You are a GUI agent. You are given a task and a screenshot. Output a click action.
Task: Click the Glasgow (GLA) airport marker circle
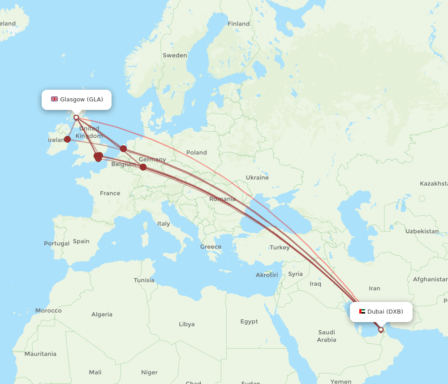pos(76,118)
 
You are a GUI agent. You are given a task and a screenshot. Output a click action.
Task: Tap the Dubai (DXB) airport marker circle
pos(381,330)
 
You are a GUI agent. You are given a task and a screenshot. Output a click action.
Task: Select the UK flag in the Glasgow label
pos(54,99)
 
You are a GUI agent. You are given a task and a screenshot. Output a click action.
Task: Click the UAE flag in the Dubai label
pos(362,311)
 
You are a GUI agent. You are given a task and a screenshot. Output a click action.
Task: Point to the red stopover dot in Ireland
pos(67,139)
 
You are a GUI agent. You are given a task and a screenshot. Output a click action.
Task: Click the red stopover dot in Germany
pos(143,167)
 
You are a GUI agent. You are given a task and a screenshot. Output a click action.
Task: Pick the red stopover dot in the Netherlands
pos(123,148)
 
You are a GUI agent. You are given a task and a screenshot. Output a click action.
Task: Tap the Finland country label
pos(238,24)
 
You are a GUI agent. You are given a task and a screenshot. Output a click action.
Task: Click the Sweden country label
pos(175,56)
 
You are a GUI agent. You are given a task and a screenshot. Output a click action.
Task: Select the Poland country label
pos(197,153)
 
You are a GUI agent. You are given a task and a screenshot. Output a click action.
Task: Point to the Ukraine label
pos(257,178)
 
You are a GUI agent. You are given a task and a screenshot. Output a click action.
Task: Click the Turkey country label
pos(280,248)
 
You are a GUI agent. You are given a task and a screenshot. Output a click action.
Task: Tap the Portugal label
pos(56,244)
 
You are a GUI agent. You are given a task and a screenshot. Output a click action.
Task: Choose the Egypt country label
pos(249,322)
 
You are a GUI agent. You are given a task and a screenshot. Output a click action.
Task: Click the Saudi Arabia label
pos(327,336)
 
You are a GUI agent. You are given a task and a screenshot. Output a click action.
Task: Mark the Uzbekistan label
pos(422,231)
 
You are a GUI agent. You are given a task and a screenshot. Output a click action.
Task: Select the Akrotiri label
pos(267,275)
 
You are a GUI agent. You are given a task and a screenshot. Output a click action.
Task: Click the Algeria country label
pos(102,314)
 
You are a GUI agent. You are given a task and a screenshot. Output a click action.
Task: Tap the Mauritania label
pos(40,354)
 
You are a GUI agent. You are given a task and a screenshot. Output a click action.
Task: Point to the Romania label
pos(222,199)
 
